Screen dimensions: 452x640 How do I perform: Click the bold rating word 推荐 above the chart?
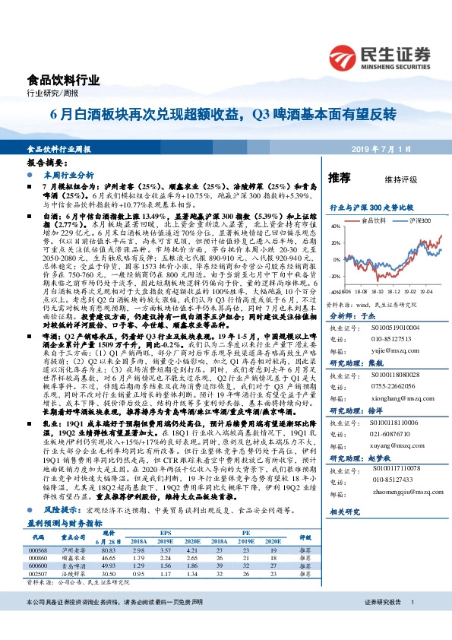click(x=338, y=177)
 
